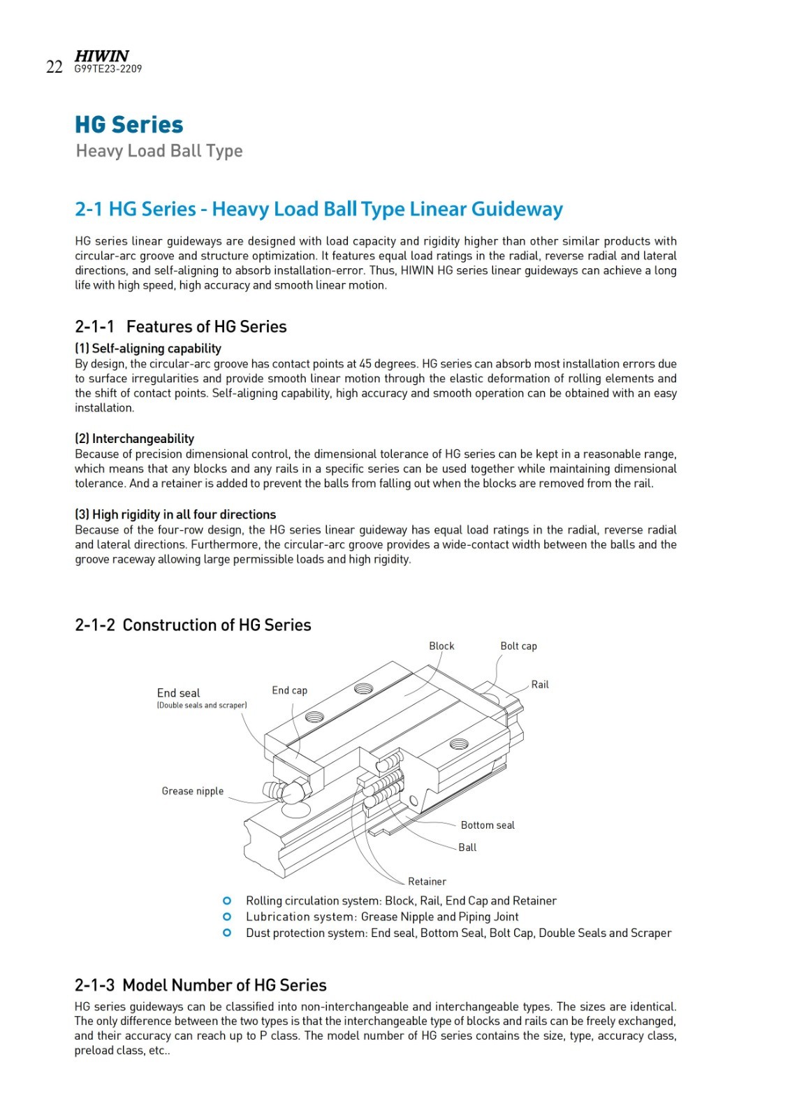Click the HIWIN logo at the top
[x=102, y=56]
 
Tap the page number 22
[x=54, y=67]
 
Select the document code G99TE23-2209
[x=108, y=69]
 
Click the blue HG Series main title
[x=129, y=124]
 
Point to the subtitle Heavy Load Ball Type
[x=159, y=151]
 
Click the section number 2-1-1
[x=94, y=326]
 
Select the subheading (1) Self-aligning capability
[x=148, y=348]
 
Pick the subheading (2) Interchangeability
[x=135, y=438]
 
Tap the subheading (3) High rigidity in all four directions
[x=175, y=514]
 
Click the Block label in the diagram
[x=441, y=646]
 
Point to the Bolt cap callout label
[x=518, y=646]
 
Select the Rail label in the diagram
[x=540, y=684]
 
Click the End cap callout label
[x=289, y=690]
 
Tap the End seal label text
[x=178, y=692]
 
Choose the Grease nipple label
[x=192, y=791]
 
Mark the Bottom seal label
[x=488, y=825]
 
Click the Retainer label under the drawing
[x=427, y=881]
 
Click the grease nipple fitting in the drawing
[x=286, y=790]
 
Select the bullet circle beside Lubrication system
[x=227, y=917]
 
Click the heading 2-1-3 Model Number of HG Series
[x=200, y=985]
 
